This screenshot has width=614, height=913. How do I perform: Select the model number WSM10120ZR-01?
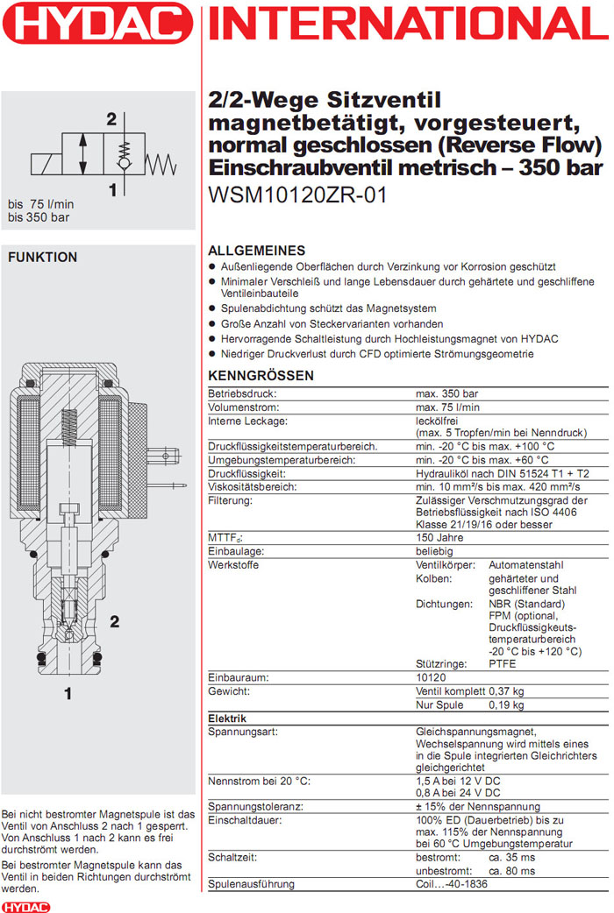[x=297, y=195]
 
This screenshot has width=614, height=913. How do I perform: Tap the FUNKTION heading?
[x=42, y=258]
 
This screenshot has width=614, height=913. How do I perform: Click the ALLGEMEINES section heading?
[x=256, y=251]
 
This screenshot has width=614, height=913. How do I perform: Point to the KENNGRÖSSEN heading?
[x=261, y=376]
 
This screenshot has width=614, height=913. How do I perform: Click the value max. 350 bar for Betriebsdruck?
[x=447, y=394]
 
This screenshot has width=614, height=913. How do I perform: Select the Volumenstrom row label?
[x=243, y=407]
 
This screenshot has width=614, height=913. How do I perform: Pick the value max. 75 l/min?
[x=447, y=407]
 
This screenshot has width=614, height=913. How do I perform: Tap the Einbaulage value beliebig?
[x=434, y=551]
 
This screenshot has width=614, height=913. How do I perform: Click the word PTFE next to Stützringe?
[x=503, y=663]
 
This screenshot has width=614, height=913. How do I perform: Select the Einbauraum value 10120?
[x=432, y=677]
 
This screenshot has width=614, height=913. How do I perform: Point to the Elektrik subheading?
[x=227, y=718]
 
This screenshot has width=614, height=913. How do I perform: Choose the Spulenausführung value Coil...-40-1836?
[x=458, y=885]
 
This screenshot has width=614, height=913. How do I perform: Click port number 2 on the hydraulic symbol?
[x=111, y=120]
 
